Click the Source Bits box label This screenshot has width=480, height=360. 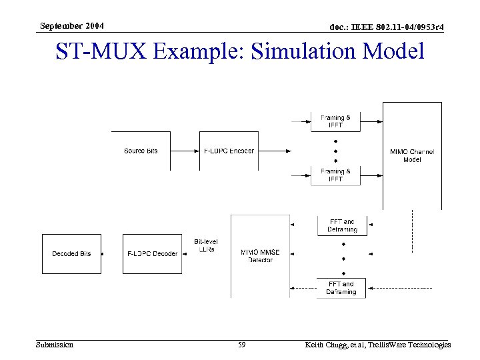(x=141, y=151)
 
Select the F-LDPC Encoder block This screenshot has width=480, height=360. (x=228, y=151)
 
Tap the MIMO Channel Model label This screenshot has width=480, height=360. (x=411, y=155)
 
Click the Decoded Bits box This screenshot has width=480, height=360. (x=71, y=254)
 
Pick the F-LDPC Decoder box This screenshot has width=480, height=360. (x=152, y=254)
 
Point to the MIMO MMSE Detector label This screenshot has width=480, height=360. (x=260, y=255)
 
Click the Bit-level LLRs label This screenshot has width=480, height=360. (x=206, y=245)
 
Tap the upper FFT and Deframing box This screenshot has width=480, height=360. (x=341, y=225)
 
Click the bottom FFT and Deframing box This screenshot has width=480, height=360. (x=341, y=288)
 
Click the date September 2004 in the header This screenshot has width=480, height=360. (x=71, y=25)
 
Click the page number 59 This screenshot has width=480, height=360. (x=242, y=345)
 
